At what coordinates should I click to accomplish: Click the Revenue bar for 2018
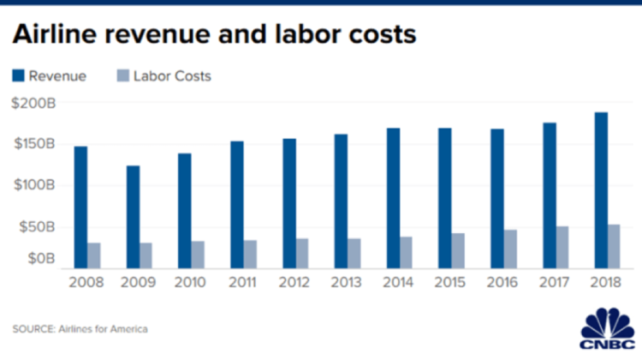tap(602, 189)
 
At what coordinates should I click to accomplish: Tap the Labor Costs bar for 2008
tap(93, 255)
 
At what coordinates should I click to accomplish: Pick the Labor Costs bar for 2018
tap(615, 246)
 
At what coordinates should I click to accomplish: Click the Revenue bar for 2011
tap(237, 204)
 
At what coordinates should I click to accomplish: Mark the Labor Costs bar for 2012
tap(302, 253)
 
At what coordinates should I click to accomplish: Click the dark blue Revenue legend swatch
tap(19, 75)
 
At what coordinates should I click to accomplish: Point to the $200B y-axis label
tap(33, 102)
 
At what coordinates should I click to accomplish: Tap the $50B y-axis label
tap(37, 227)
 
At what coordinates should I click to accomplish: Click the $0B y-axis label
tap(40, 258)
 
